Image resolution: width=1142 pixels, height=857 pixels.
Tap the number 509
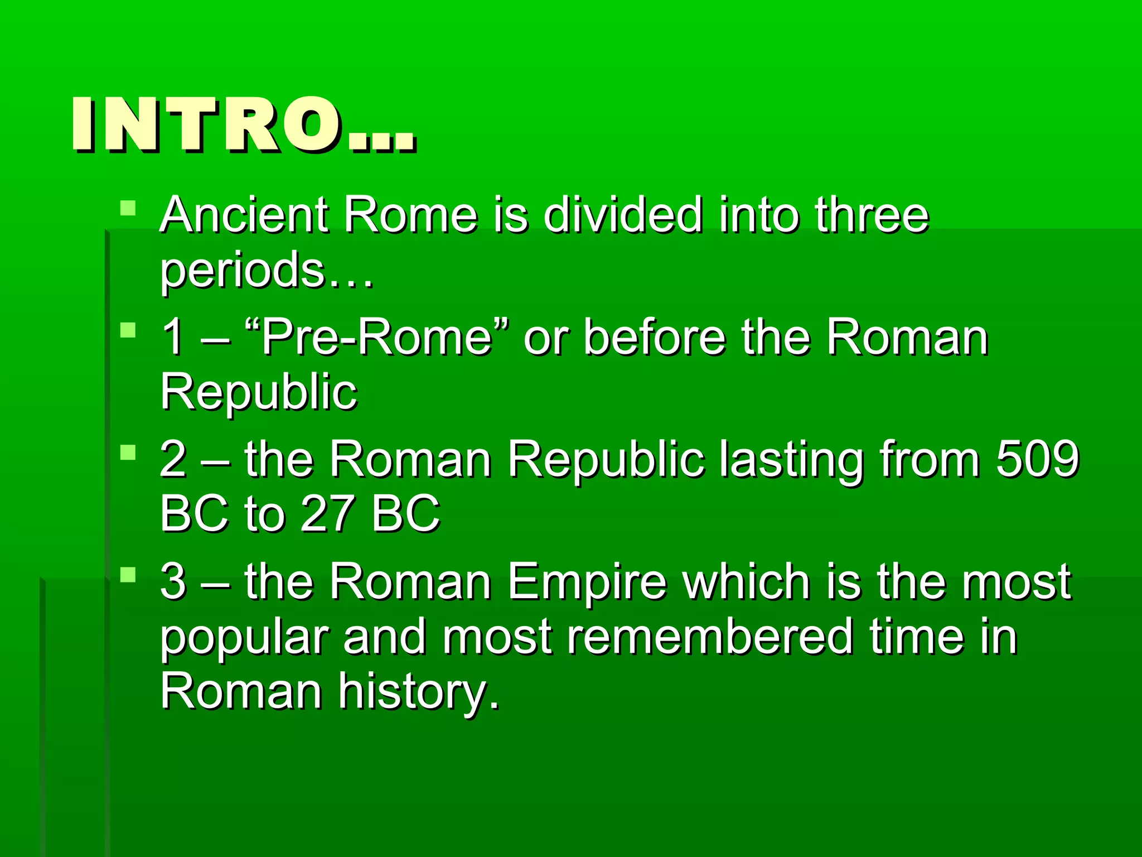coord(1038,459)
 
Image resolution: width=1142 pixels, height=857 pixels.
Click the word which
coord(747,582)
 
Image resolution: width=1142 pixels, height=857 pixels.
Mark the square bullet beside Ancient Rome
coord(128,209)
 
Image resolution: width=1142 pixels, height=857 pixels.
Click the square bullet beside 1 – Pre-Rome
coord(128,331)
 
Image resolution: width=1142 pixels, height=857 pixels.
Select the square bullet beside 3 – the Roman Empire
coord(128,575)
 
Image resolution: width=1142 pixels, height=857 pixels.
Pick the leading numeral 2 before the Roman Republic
coord(173,459)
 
